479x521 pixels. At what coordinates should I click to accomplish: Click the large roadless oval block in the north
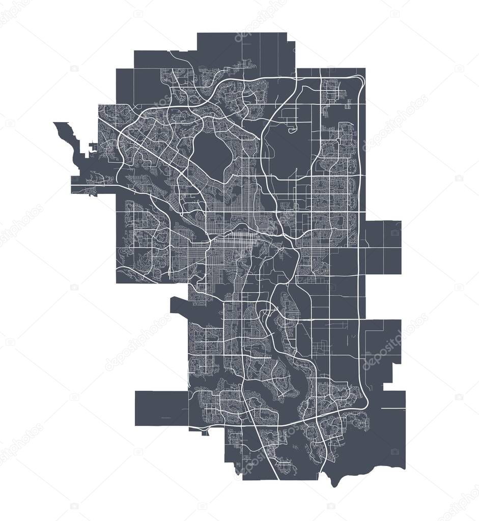(x=212, y=150)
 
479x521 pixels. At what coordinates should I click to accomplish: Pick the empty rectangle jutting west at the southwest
(x=161, y=408)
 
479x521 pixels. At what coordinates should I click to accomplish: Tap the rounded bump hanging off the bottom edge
(x=333, y=481)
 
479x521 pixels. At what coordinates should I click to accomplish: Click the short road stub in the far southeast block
(x=392, y=409)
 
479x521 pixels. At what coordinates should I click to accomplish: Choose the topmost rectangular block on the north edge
(x=244, y=48)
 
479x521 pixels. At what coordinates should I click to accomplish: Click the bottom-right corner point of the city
(x=405, y=467)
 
